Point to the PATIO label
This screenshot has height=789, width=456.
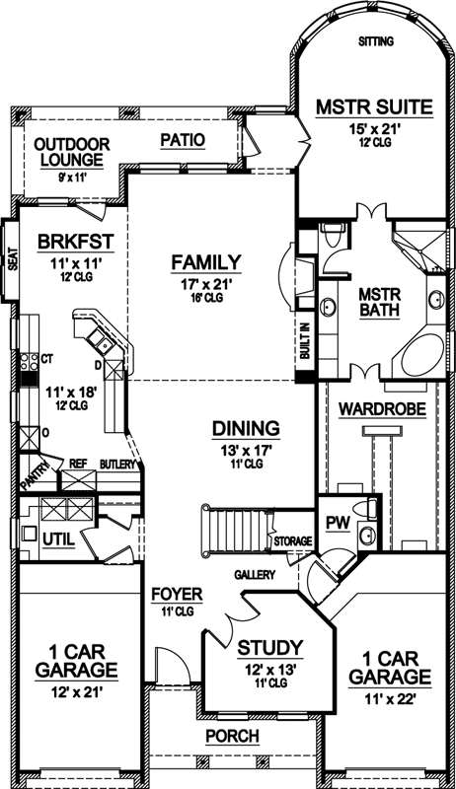tap(183, 140)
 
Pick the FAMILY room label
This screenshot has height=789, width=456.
tap(205, 261)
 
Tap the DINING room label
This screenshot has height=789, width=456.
tap(246, 428)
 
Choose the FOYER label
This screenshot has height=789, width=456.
tap(177, 595)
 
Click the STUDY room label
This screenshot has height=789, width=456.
tap(269, 648)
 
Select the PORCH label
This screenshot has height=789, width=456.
tap(232, 736)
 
